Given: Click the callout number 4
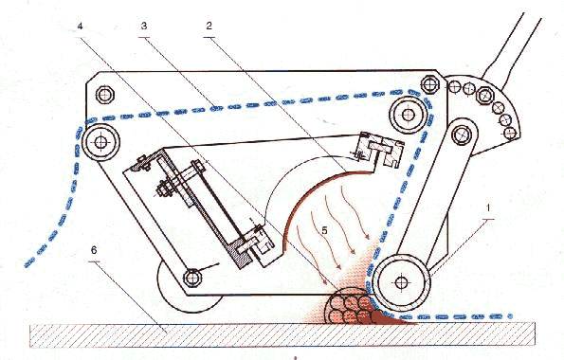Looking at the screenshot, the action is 81,27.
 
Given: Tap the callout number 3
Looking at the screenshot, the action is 144,26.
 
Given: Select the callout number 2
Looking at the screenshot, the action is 209,26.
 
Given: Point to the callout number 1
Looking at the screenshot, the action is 488,207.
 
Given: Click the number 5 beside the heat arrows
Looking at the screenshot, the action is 324,230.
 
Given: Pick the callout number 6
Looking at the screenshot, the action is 94,250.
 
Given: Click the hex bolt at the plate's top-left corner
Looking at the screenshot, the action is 105,95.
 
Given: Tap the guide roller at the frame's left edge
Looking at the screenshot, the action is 100,142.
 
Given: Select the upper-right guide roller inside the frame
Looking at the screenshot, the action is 408,115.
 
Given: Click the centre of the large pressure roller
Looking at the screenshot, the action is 401,281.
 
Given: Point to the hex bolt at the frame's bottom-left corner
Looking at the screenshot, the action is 192,278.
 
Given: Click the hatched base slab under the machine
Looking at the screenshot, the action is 282,334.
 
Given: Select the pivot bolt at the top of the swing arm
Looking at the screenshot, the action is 462,135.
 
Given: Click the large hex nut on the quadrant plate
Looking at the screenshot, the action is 485,96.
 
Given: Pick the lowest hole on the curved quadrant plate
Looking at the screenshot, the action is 510,133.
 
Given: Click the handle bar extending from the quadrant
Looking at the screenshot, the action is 514,46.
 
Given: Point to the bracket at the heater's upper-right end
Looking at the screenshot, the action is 379,151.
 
